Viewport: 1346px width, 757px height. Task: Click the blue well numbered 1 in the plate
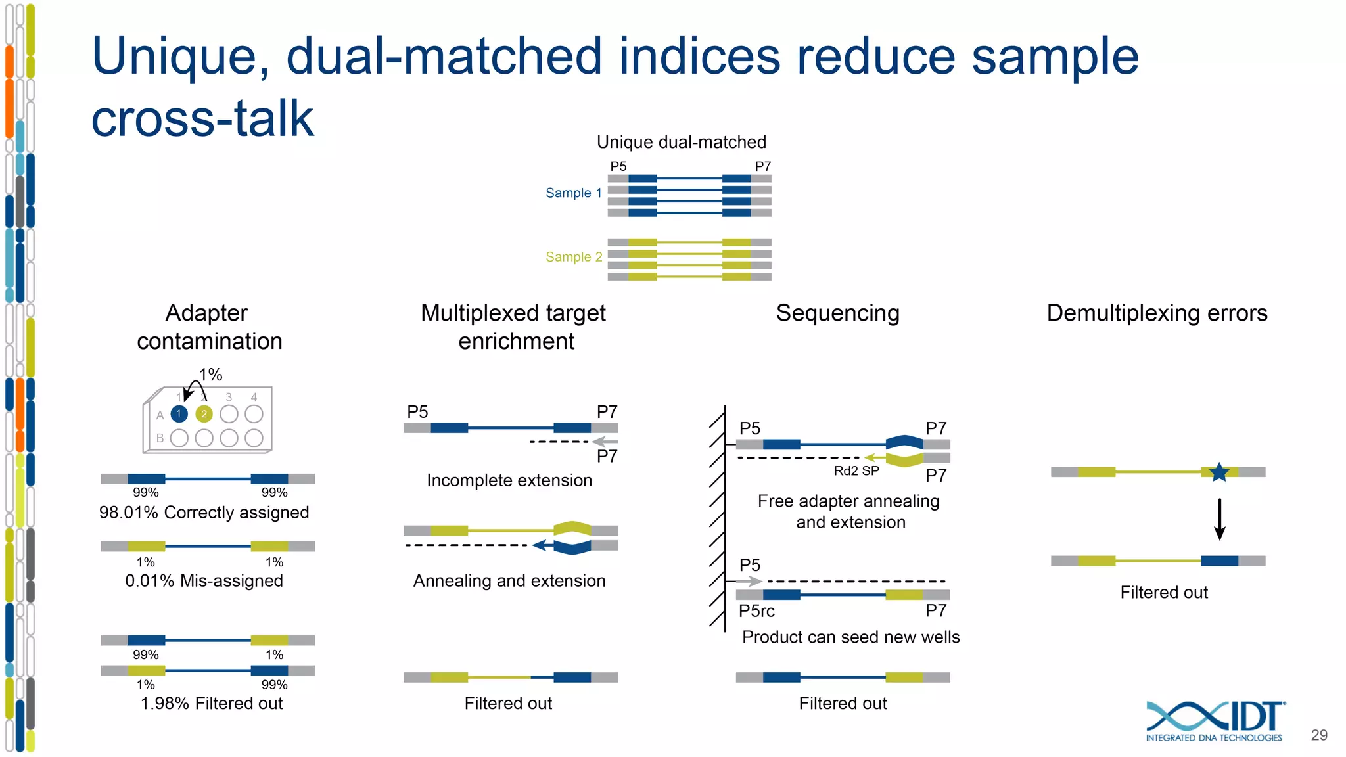(x=179, y=414)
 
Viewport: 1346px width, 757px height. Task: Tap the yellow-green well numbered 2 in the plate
(x=204, y=414)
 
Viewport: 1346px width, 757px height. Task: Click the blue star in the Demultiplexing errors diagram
(x=1219, y=472)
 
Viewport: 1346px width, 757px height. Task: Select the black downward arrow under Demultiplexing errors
(x=1219, y=519)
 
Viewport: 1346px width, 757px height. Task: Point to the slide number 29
(x=1319, y=735)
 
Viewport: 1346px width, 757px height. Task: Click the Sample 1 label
(x=573, y=193)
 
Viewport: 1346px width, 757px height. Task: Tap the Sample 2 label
(x=573, y=257)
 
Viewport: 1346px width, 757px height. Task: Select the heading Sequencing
(x=837, y=313)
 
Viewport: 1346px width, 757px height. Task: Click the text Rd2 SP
(x=856, y=471)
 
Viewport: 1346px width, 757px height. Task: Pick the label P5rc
(x=756, y=611)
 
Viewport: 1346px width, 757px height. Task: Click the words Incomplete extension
(x=509, y=480)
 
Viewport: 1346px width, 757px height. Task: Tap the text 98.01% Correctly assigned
(x=204, y=513)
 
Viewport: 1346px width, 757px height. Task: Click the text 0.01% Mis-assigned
(x=204, y=581)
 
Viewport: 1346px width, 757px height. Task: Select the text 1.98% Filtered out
(x=211, y=703)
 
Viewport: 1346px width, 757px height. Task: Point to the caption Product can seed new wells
(x=850, y=637)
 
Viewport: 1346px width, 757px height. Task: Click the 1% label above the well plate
(x=211, y=375)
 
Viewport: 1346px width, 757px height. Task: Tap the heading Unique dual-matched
(x=682, y=142)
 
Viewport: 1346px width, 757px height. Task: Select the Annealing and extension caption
(x=509, y=581)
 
